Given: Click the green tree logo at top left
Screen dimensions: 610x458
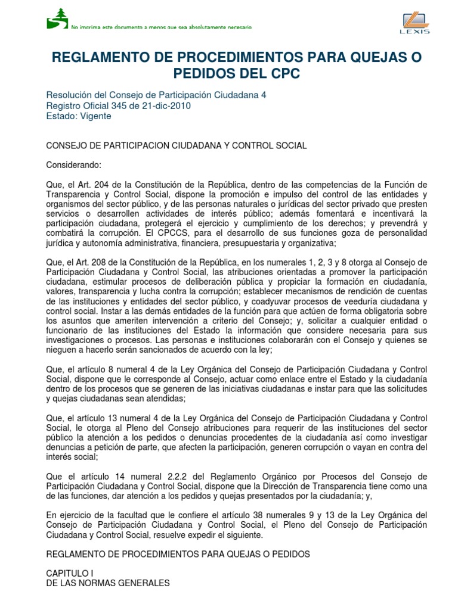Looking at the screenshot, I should coord(58,18).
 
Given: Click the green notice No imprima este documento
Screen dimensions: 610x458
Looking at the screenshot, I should coord(161,27).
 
